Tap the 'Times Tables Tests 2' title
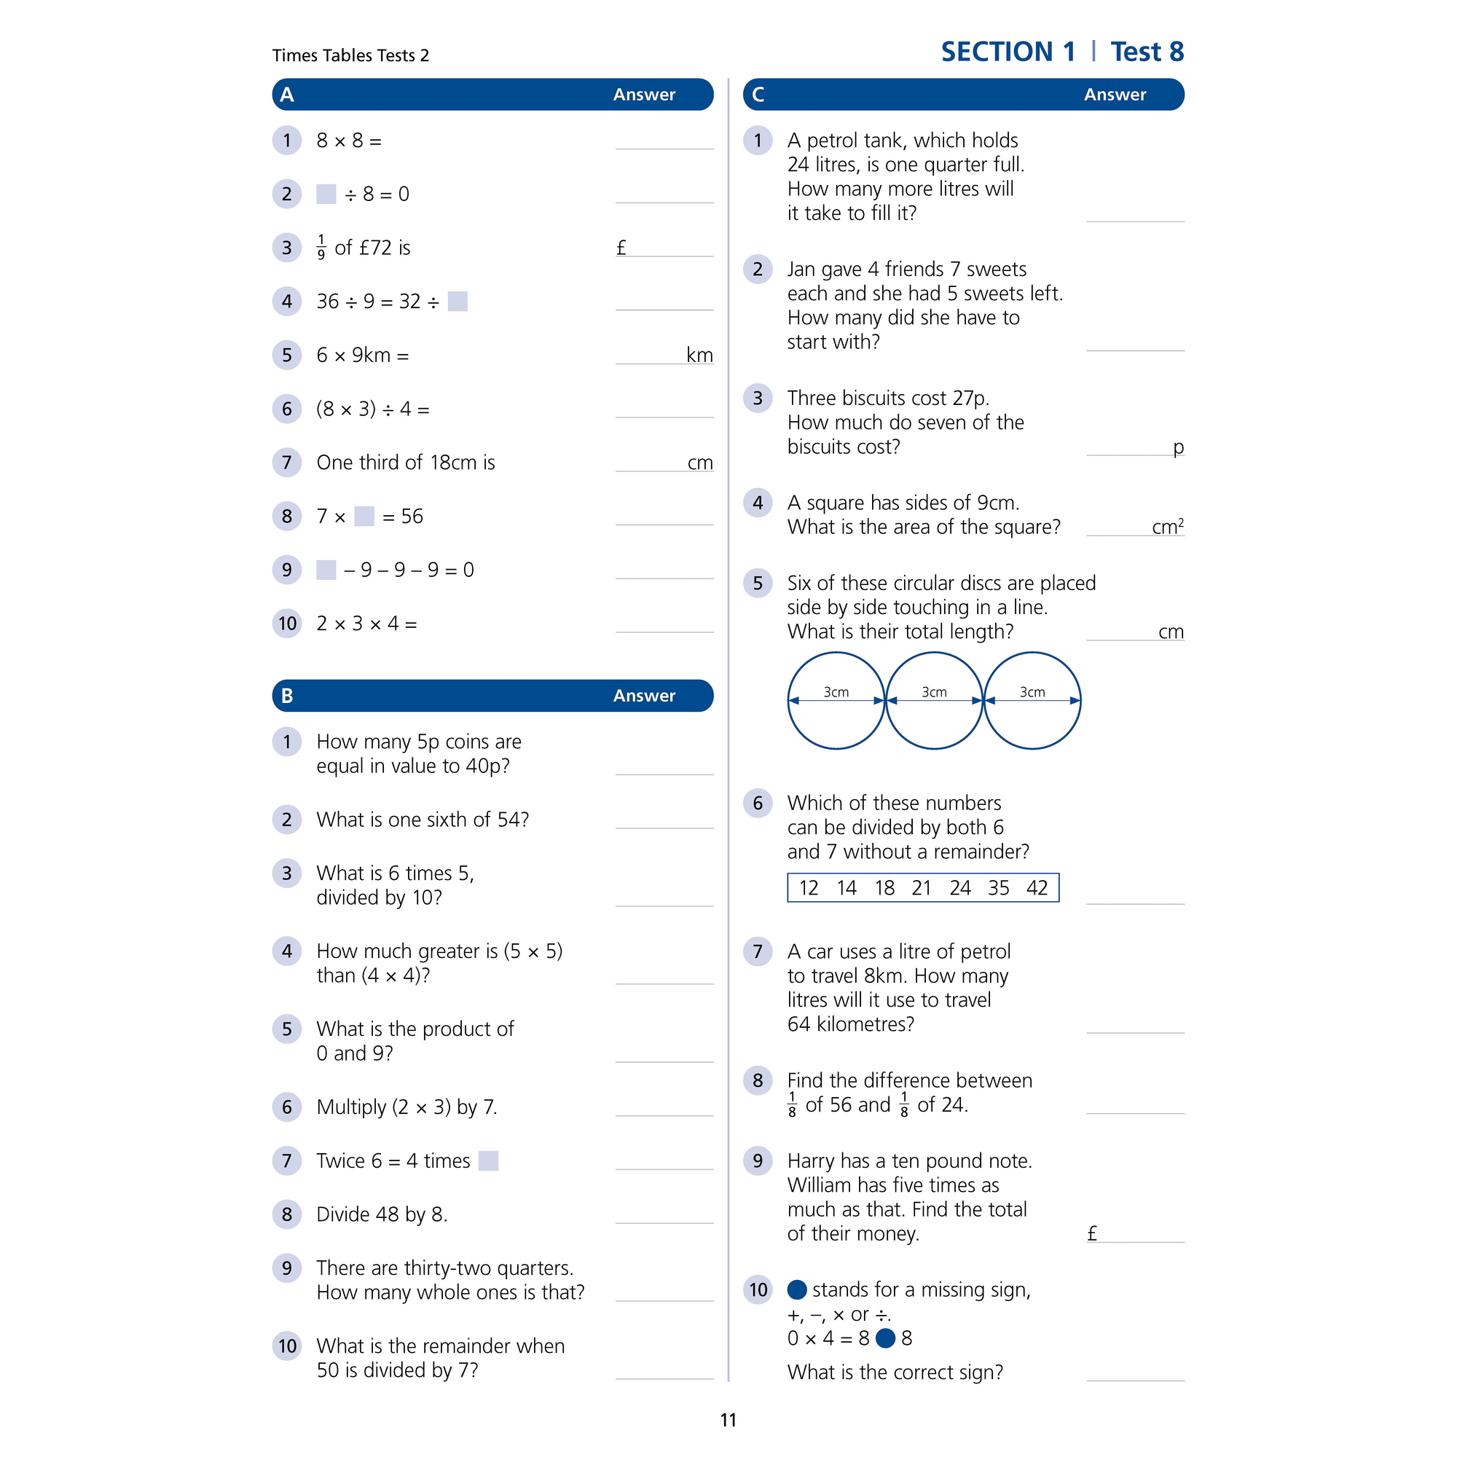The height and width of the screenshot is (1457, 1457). pos(350,56)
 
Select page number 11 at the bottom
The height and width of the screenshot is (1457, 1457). pos(728,1420)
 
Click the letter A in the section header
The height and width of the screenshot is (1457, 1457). pos(287,95)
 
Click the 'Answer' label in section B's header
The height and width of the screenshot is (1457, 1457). pos(644,695)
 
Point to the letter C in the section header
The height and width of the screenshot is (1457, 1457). pos(758,95)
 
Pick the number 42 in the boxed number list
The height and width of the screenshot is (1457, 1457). pos(1037,887)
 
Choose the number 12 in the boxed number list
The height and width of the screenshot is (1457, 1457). pos(809,887)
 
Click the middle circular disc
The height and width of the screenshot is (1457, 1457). pos(935,701)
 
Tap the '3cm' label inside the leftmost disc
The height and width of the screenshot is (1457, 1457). pos(836,691)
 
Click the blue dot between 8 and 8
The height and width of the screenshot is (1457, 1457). pos(885,1338)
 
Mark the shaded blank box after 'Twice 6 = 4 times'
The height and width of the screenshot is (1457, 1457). pos(489,1161)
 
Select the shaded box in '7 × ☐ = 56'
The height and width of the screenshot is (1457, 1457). pos(364,517)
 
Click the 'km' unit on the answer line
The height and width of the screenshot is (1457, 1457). pos(700,356)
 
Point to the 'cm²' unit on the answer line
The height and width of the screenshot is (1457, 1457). pos(1167,527)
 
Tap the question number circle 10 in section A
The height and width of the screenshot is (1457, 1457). pos(287,624)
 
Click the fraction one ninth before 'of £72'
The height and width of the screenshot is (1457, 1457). pos(321,248)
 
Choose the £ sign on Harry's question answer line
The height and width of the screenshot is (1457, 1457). pos(1092,1233)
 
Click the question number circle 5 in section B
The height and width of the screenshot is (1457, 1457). pos(287,1029)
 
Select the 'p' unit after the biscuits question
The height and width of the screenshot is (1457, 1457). pos(1178,447)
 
